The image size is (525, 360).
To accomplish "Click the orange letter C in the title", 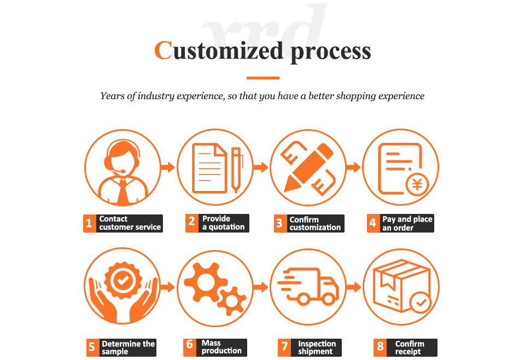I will [164, 50].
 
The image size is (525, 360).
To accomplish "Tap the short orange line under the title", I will [262, 78].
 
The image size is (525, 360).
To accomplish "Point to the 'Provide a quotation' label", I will [223, 223].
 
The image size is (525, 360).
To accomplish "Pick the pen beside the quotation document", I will [236, 169].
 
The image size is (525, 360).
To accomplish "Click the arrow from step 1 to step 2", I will [167, 167].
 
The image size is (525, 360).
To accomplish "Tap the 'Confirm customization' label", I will [315, 223].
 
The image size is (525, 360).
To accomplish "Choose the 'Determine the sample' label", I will [128, 347].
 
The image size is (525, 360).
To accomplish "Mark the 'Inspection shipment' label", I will [317, 347].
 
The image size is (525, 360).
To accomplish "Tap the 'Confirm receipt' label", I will [410, 347].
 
